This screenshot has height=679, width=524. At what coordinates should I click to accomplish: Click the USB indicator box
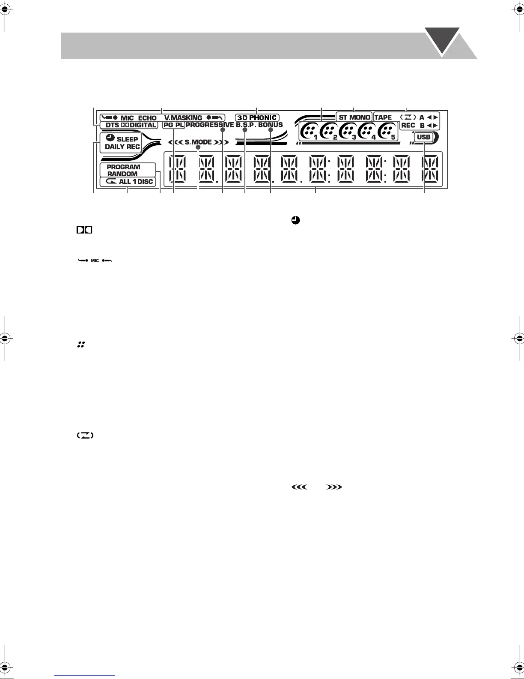point(423,138)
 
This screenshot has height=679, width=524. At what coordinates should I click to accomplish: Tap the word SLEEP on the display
point(127,139)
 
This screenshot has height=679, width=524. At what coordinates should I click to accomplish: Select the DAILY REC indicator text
point(122,147)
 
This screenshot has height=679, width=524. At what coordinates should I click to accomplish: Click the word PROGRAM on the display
point(123,167)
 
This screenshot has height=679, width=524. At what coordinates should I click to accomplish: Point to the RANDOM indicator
point(122,174)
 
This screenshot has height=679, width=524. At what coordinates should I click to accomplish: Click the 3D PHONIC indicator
point(257,117)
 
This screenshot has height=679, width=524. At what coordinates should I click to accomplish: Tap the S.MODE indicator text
point(198,142)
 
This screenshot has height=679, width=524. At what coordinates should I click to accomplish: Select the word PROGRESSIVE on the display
point(210,125)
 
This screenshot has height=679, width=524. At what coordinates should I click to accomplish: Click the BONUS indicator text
point(270,125)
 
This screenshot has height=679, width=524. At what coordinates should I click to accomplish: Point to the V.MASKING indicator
point(183,118)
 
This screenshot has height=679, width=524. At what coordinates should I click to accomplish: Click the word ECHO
point(147,118)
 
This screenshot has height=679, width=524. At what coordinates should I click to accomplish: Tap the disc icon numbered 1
point(308,131)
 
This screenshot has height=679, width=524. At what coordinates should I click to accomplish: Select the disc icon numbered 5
point(387,131)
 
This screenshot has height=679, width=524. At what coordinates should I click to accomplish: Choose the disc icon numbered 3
point(348,131)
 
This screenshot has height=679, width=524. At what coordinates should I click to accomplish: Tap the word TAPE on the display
point(383,117)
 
